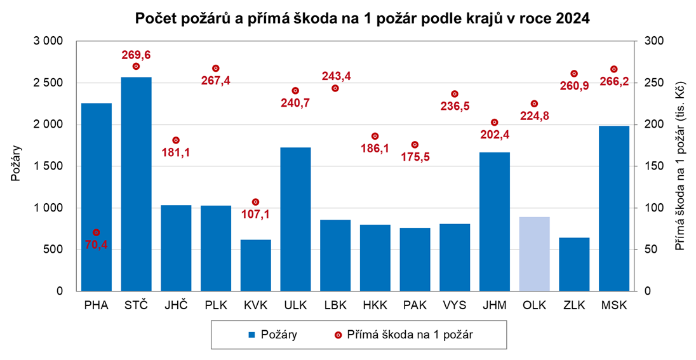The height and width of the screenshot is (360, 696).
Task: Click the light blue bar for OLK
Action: pos(534,254)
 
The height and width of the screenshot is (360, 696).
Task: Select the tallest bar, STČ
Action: pos(137,184)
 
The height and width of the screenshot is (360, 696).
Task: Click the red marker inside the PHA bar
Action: pos(97,232)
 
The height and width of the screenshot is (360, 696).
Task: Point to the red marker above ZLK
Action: pos(574,74)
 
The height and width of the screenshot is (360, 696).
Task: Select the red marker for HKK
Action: pos(375,136)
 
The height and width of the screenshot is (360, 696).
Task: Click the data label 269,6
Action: pos(136,55)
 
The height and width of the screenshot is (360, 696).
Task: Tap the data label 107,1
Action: pos(256,214)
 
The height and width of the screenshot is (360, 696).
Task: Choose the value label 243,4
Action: pos(336,76)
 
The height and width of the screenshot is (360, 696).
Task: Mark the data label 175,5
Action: pos(416,156)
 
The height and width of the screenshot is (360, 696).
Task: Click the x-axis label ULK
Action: pos(295,305)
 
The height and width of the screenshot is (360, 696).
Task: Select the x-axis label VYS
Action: pos(455,305)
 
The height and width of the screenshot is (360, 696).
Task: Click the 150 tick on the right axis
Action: pos(654,166)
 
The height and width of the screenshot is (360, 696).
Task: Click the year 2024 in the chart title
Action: pos(573,19)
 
